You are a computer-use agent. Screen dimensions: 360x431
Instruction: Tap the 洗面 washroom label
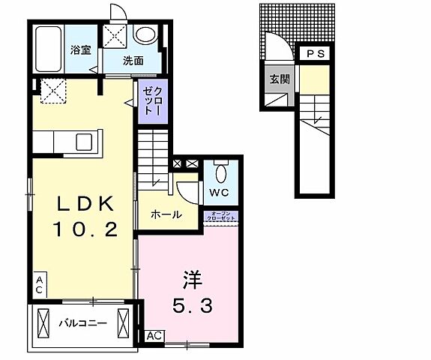133,61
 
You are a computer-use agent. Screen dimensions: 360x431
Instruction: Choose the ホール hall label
166,214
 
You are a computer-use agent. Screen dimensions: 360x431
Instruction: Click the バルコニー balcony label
82,324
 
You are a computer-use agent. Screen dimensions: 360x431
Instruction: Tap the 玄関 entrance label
277,79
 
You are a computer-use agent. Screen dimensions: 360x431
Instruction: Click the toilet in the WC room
220,172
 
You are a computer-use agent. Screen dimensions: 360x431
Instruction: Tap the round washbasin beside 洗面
145,34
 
